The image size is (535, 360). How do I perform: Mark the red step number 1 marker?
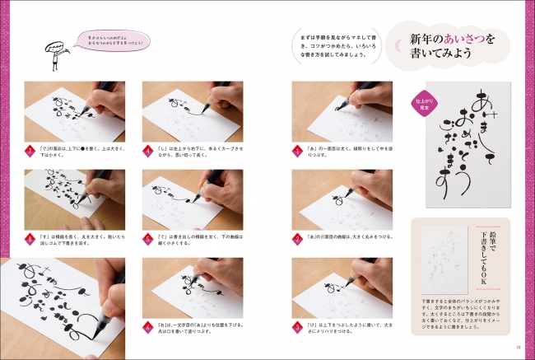click(x=297, y=151)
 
